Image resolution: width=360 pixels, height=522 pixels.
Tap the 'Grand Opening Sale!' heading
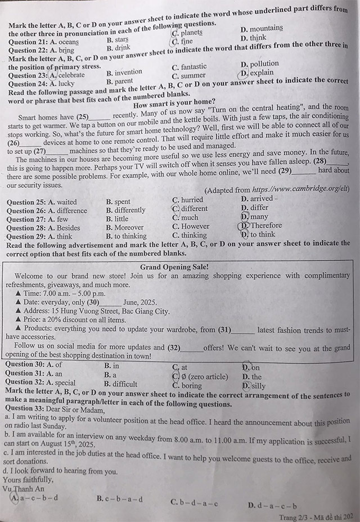coord(174,267)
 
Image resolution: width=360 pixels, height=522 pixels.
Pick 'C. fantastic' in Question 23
coord(189,66)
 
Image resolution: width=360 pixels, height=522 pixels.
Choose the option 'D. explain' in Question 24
coord(257,73)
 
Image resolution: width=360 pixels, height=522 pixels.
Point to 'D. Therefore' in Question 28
coord(260,226)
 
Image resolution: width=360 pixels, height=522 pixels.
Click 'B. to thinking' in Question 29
coord(126,236)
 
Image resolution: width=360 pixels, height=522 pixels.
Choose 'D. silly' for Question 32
coord(254,386)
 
